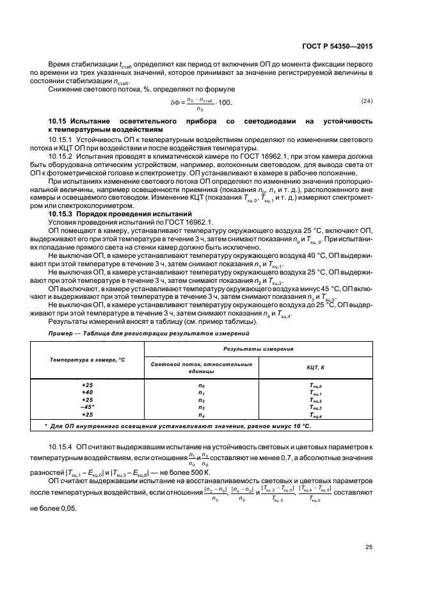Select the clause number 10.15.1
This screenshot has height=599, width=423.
[60, 138]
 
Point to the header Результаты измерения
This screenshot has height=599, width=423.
[258, 349]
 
